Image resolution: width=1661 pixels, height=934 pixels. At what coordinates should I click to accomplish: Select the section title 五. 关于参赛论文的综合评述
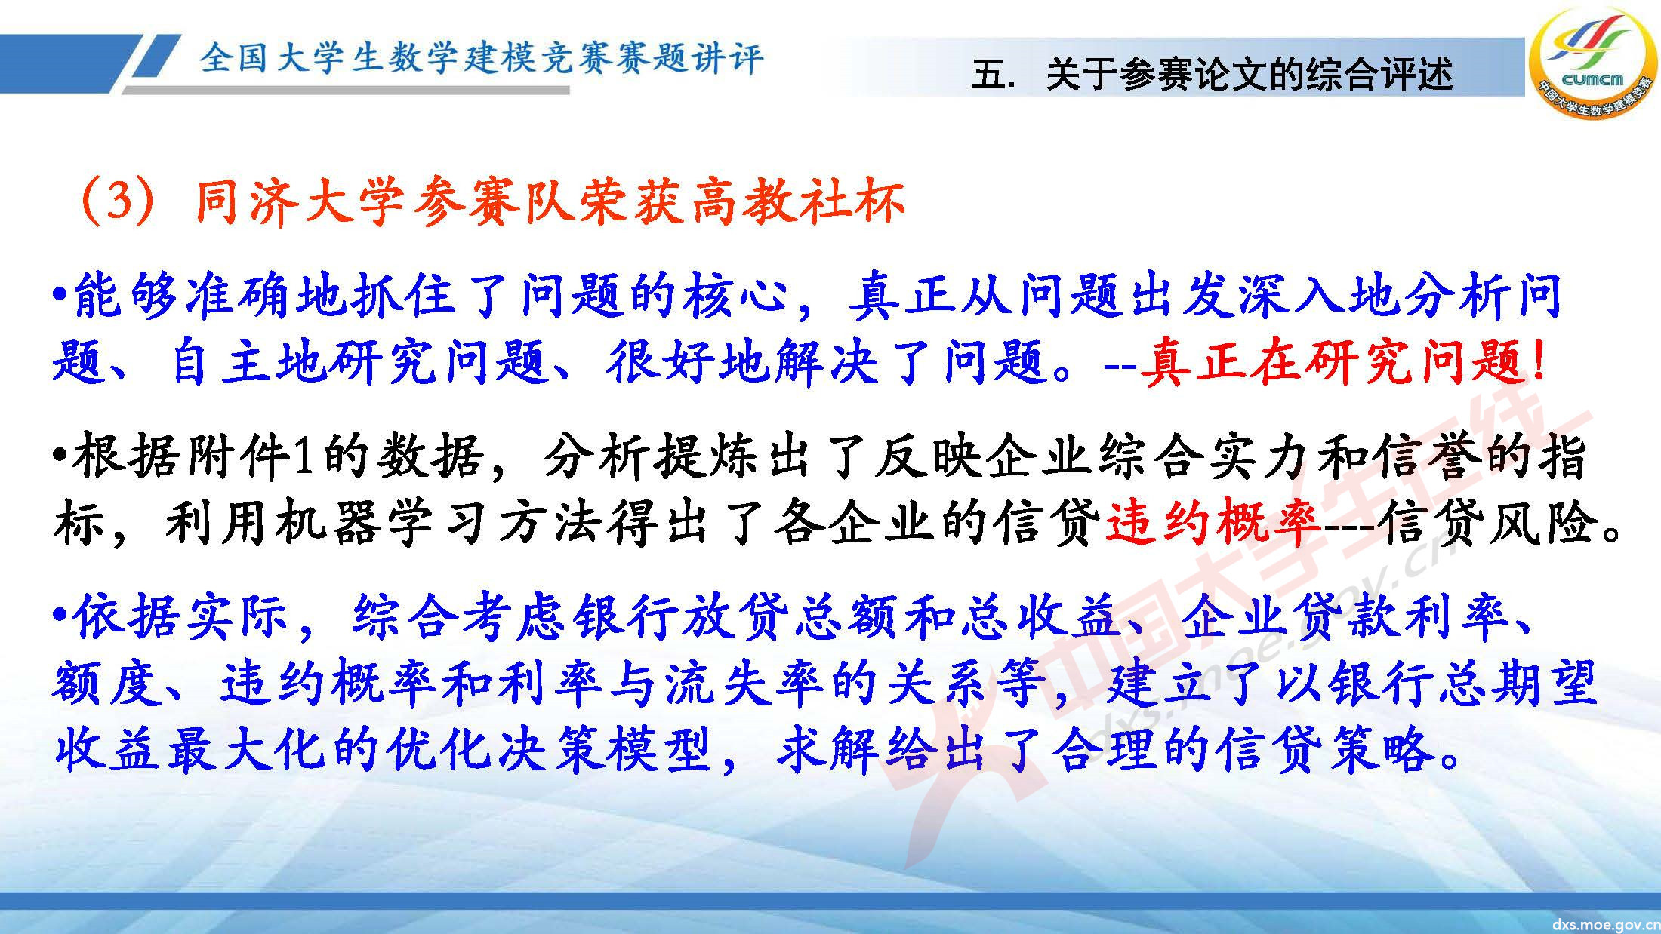[x=1212, y=75]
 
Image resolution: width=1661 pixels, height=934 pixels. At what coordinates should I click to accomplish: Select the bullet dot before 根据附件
[x=61, y=456]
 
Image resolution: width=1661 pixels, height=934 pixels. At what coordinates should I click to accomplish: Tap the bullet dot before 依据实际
[x=61, y=617]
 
